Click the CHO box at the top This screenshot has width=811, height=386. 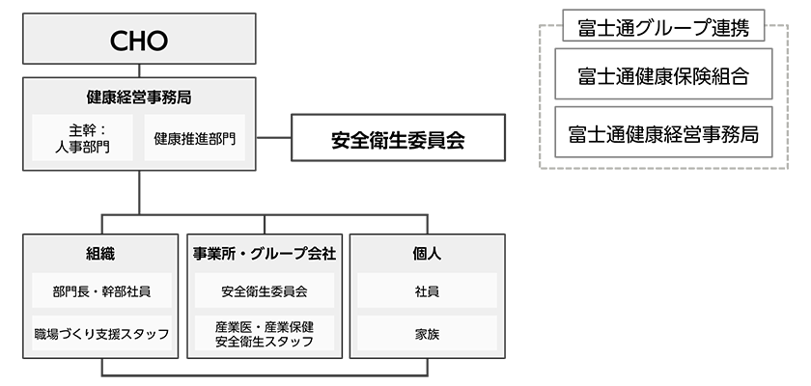140,41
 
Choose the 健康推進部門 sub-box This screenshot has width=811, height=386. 194,138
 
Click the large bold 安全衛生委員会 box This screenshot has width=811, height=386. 398,140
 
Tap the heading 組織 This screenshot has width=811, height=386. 101,254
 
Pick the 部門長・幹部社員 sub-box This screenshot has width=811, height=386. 101,290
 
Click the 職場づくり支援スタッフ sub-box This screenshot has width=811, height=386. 101,334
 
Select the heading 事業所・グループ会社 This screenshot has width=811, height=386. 264,254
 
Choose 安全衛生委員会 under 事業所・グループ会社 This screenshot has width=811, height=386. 264,290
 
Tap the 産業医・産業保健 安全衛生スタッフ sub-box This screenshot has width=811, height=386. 264,334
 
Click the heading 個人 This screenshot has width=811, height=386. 426,254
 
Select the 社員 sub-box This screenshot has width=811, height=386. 426,290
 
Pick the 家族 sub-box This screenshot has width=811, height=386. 426,334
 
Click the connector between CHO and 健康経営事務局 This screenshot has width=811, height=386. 140,69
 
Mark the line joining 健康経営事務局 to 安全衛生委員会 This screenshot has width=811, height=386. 276,139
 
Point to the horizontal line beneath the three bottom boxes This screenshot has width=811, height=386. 264,375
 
